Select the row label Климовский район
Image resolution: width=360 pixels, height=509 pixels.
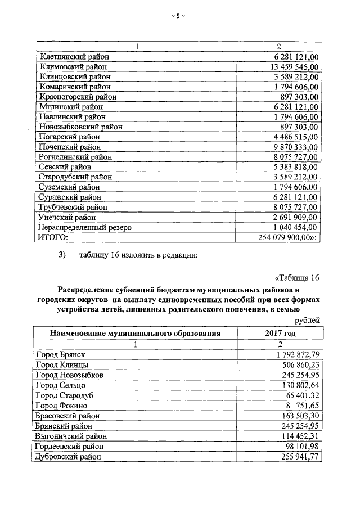[x=71, y=66]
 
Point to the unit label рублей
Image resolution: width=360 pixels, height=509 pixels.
[x=308, y=321]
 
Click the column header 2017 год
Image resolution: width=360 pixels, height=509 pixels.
[x=280, y=333]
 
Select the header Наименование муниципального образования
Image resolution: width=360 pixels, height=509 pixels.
[x=135, y=333]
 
